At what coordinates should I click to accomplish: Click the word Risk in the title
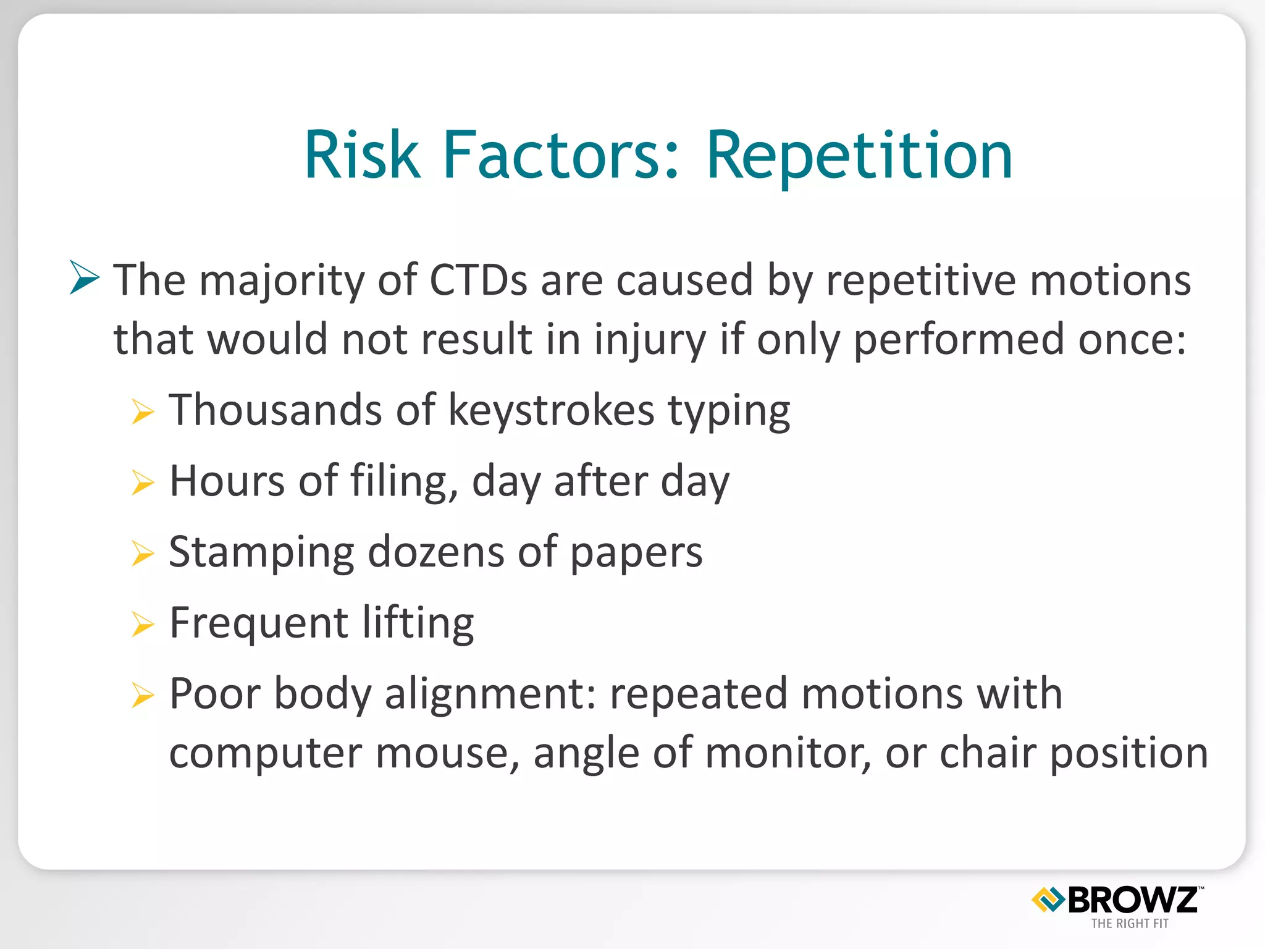click(x=362, y=156)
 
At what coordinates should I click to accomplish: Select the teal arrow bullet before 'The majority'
click(x=85, y=277)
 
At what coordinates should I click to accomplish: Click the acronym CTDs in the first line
click(x=478, y=280)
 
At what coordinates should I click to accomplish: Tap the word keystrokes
click(x=551, y=410)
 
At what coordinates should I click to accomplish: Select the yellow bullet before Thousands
click(x=143, y=411)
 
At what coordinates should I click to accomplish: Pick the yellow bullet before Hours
click(x=143, y=483)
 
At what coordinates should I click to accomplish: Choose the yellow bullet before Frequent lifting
click(x=143, y=624)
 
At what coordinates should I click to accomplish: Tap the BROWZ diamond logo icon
click(x=1048, y=900)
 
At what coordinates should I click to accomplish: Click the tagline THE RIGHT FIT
click(x=1130, y=924)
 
